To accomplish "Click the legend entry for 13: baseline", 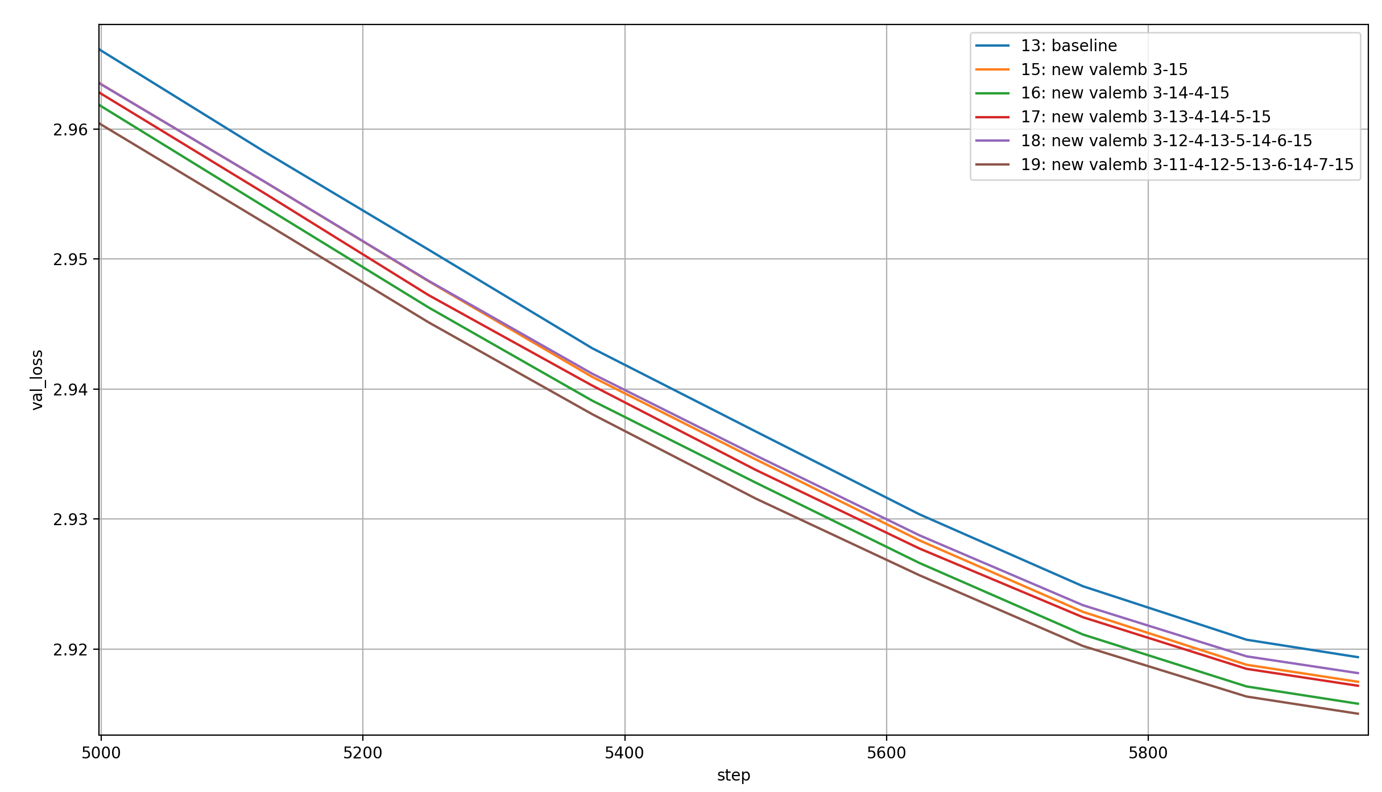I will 1069,46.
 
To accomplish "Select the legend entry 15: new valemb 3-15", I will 1104,69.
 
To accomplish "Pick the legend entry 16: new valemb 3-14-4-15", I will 1124,93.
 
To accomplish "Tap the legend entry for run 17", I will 1145,117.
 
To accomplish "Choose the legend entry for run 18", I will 1166,141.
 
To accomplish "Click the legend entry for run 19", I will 1186,164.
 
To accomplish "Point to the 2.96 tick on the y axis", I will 71,130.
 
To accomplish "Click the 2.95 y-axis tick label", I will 71,259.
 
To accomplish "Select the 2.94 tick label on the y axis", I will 71,390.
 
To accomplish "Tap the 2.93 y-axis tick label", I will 71,519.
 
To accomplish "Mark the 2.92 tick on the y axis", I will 71,650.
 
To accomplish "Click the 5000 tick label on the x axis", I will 101,753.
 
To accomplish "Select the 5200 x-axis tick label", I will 363,753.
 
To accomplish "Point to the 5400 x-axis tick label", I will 624,753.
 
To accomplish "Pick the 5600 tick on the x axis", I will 886,753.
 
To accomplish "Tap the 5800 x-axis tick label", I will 1148,753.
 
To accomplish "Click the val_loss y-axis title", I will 37,380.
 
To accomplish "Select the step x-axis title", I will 734,775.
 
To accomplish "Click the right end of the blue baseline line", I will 1358,657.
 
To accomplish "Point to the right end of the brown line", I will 1358,713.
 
